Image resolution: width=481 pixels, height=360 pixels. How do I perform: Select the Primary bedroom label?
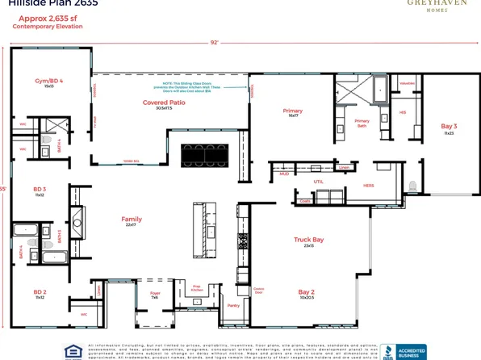pos(291,111)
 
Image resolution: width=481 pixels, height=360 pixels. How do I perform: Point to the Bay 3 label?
pos(449,127)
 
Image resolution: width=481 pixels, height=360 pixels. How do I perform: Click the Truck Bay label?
pos(308,240)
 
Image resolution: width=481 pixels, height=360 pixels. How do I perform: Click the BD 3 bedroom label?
pos(39,190)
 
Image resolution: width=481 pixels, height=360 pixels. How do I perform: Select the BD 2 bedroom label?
pos(39,292)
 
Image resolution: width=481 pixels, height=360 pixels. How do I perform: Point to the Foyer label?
pos(155,294)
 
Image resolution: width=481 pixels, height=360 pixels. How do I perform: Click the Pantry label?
pos(233,305)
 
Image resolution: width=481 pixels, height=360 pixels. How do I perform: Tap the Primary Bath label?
pos(362,123)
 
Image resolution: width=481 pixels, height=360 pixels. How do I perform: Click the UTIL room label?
pos(318,182)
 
